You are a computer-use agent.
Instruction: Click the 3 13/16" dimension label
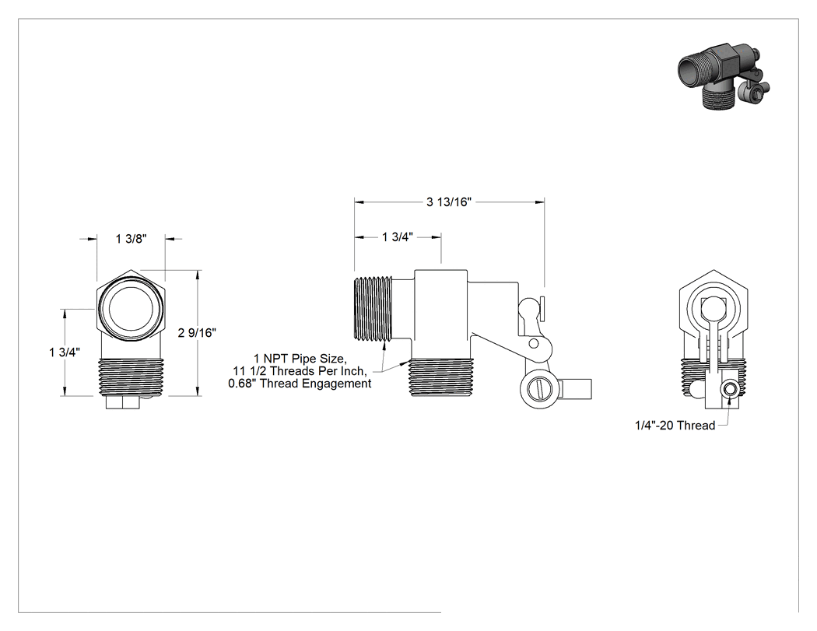point(449,202)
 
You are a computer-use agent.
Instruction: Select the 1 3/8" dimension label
point(131,239)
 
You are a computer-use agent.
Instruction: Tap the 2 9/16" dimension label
point(197,332)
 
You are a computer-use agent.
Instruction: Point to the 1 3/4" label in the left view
point(65,352)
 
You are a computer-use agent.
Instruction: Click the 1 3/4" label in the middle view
point(398,237)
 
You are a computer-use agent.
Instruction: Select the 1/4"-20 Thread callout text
point(675,426)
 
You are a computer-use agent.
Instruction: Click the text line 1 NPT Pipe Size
point(300,359)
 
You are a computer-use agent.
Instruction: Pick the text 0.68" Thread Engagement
point(300,384)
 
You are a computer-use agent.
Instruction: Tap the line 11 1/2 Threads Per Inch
point(300,371)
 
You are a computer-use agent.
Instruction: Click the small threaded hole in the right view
point(730,389)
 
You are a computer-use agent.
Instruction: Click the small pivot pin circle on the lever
point(534,343)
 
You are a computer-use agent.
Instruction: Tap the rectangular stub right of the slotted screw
point(576,388)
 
